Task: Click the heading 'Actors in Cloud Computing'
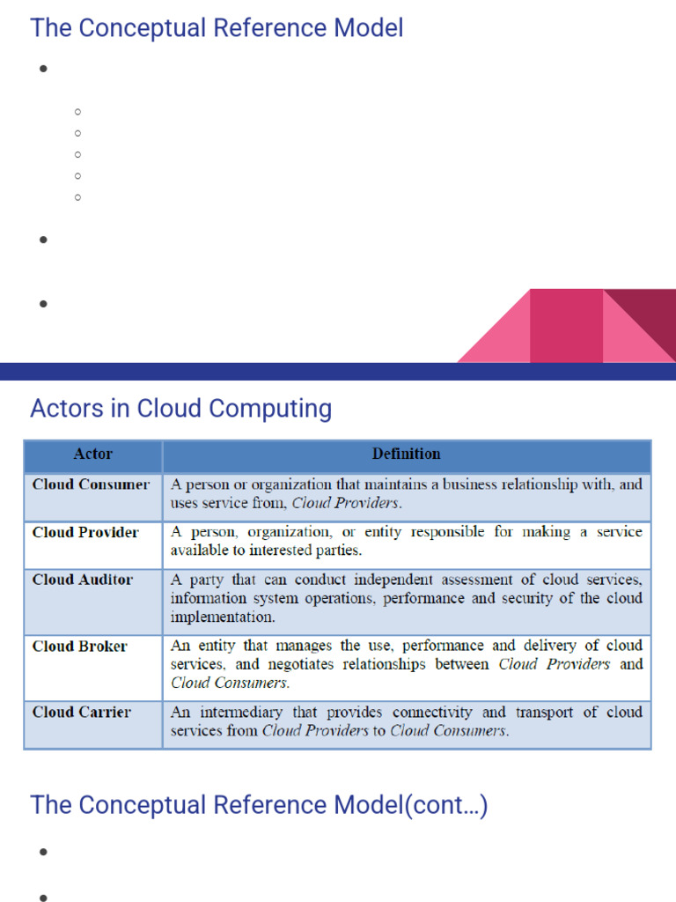[180, 409]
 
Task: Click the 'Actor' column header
[92, 455]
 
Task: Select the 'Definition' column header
[406, 455]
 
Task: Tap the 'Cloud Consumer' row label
[91, 484]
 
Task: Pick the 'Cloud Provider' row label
[85, 533]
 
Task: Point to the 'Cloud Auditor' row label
[83, 580]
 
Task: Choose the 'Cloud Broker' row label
[79, 647]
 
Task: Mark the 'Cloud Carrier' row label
[81, 712]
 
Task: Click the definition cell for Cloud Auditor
[406, 598]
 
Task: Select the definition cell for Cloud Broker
[406, 664]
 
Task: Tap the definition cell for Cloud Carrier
[406, 721]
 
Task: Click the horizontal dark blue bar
[338, 371]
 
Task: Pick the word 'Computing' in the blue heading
[280, 409]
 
